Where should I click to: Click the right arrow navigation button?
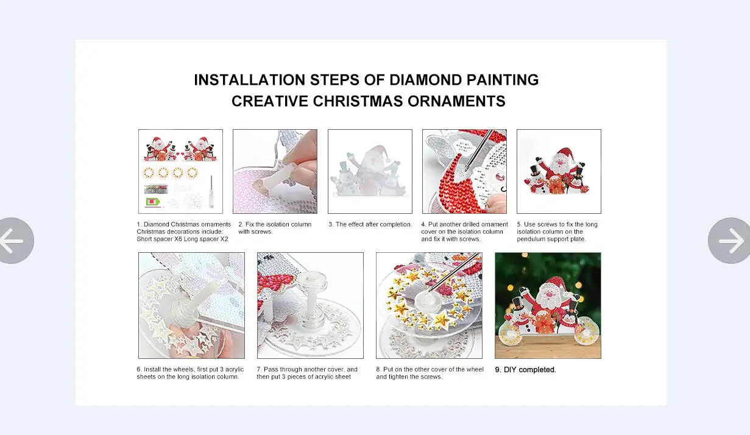(x=730, y=241)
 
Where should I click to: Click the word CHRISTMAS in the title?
(x=358, y=101)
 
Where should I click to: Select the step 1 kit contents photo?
(x=180, y=171)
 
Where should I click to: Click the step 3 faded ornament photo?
(x=370, y=171)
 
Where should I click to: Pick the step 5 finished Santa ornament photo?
(x=559, y=171)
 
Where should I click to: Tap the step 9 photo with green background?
(x=548, y=305)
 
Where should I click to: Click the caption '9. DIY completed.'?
(x=525, y=370)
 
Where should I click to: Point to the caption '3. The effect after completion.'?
(x=370, y=224)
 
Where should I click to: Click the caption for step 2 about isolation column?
(x=275, y=228)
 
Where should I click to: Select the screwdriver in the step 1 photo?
(x=211, y=191)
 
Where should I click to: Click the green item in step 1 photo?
(x=153, y=202)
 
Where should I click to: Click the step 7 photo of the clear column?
(x=310, y=305)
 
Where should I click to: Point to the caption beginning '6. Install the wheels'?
(x=190, y=373)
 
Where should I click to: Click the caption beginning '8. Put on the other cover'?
(x=430, y=373)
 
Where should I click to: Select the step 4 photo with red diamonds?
(x=464, y=171)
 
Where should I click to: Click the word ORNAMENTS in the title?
(x=457, y=101)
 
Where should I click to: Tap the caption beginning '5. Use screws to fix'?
(x=557, y=232)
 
